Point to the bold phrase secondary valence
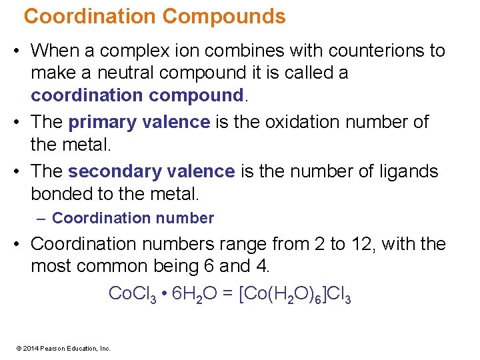(x=151, y=171)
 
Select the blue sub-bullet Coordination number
(x=133, y=218)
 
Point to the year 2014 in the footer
(x=31, y=348)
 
